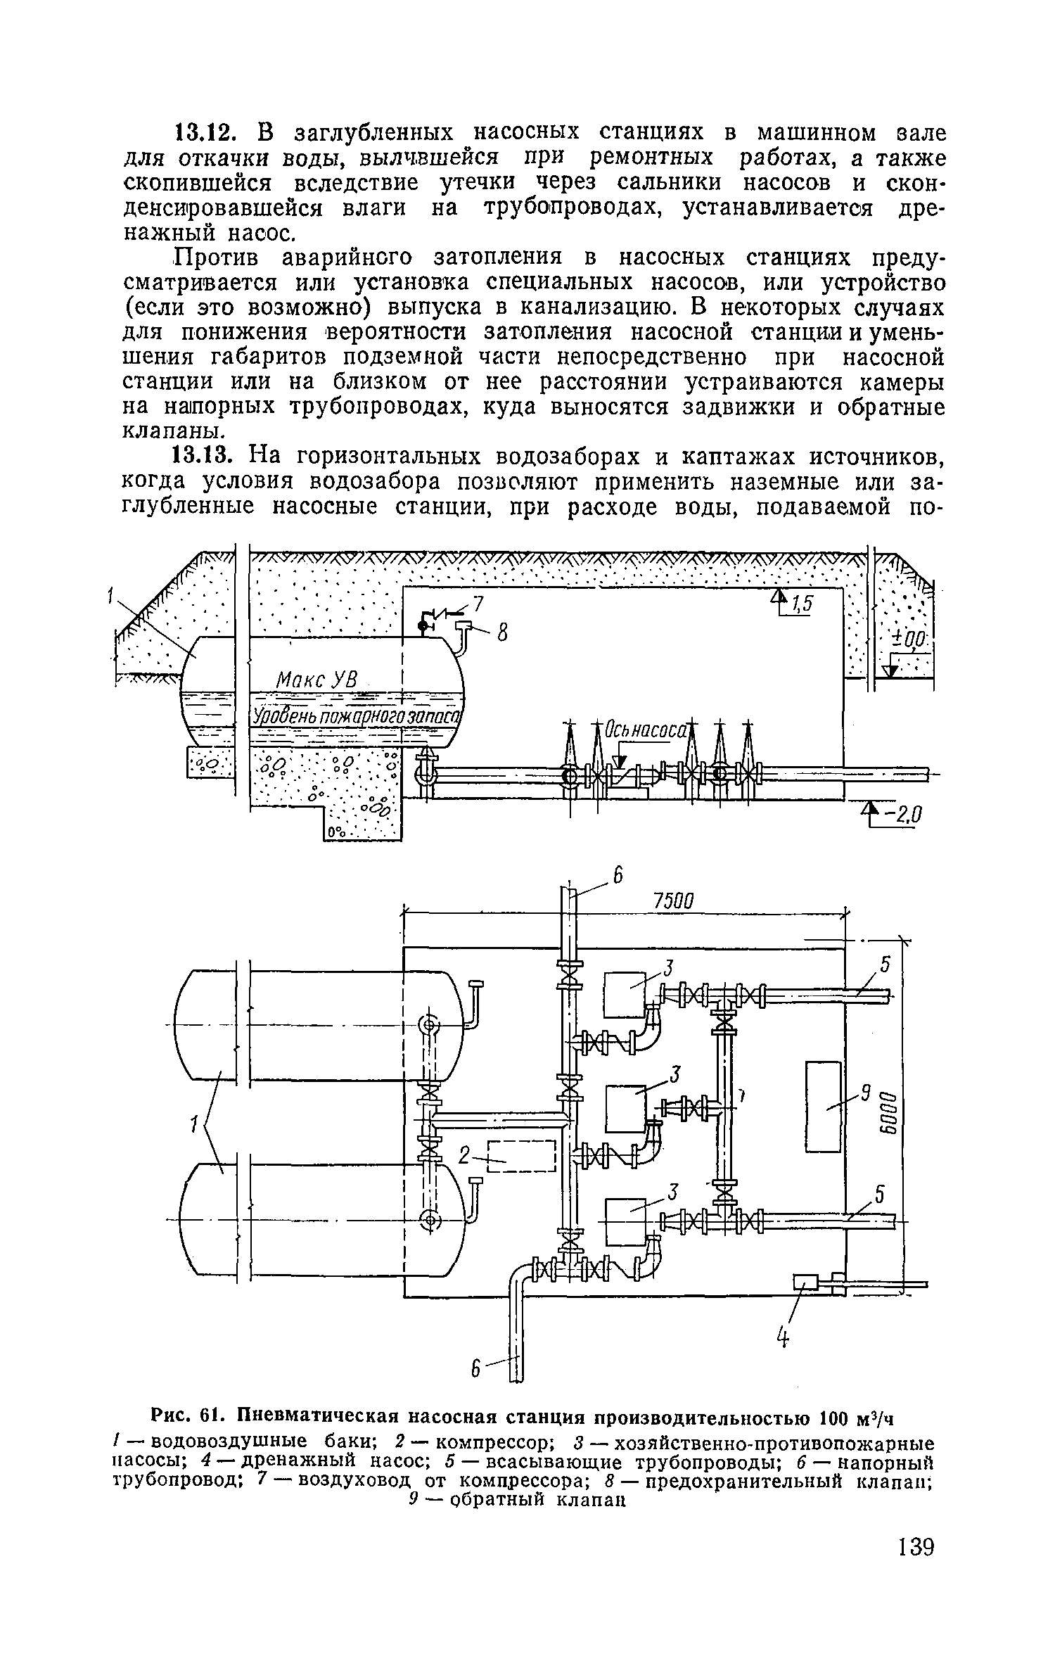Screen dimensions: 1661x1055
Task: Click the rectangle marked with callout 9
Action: point(823,1107)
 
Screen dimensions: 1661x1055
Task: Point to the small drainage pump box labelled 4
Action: point(807,1283)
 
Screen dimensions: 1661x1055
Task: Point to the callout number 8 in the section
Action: point(502,635)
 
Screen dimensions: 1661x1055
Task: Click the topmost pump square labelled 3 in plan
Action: point(625,994)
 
